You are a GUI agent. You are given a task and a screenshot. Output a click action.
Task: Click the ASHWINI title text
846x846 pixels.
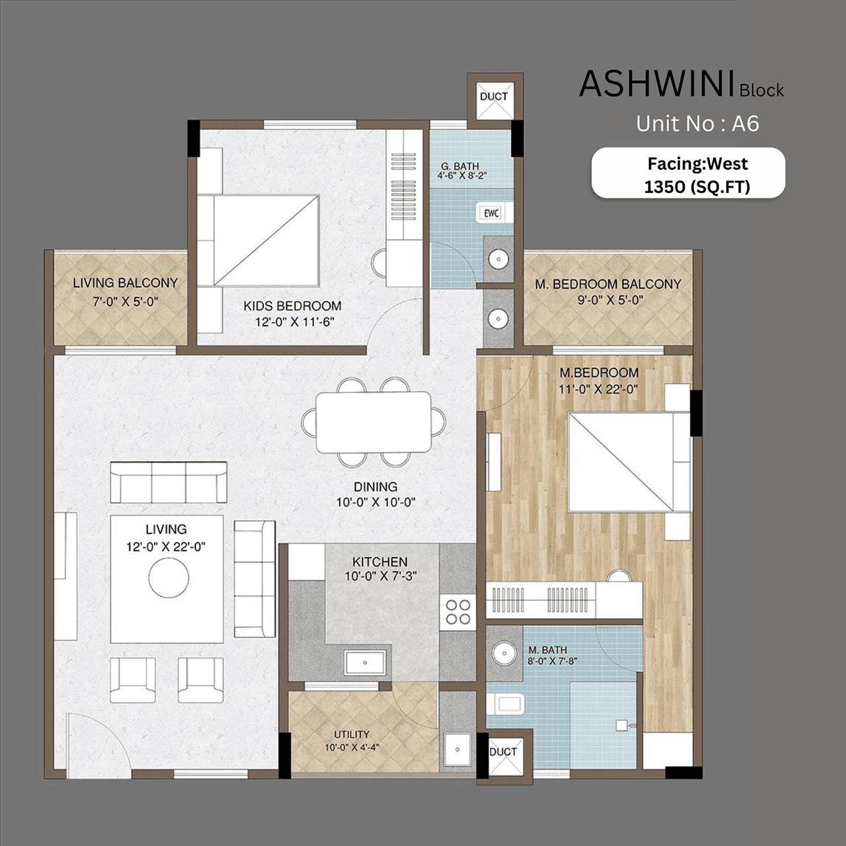(657, 85)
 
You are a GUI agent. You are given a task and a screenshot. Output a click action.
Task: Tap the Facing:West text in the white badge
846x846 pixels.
(697, 163)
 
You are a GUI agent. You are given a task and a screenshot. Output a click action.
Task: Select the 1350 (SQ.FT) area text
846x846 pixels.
(697, 187)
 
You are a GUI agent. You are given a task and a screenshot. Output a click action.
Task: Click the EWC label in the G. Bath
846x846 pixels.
(491, 213)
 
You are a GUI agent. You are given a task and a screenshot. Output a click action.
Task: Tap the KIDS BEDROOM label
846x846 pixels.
(292, 306)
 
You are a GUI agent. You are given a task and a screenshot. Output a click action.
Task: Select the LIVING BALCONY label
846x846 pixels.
(125, 283)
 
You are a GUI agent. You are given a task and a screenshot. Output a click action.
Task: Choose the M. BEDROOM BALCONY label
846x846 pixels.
(607, 284)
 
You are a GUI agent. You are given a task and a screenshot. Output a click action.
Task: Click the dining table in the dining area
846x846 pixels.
(373, 422)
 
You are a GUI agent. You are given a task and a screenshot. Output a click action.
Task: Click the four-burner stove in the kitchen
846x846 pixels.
(457, 612)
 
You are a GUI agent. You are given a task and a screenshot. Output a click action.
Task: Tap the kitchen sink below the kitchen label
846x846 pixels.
(364, 662)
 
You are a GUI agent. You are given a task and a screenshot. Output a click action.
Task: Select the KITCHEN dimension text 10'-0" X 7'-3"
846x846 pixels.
(380, 576)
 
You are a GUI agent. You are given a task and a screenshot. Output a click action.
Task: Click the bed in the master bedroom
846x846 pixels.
(621, 463)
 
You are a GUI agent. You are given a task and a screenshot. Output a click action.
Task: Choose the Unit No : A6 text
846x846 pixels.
(697, 124)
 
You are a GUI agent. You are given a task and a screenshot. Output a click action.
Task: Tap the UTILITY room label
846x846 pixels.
(351, 734)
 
